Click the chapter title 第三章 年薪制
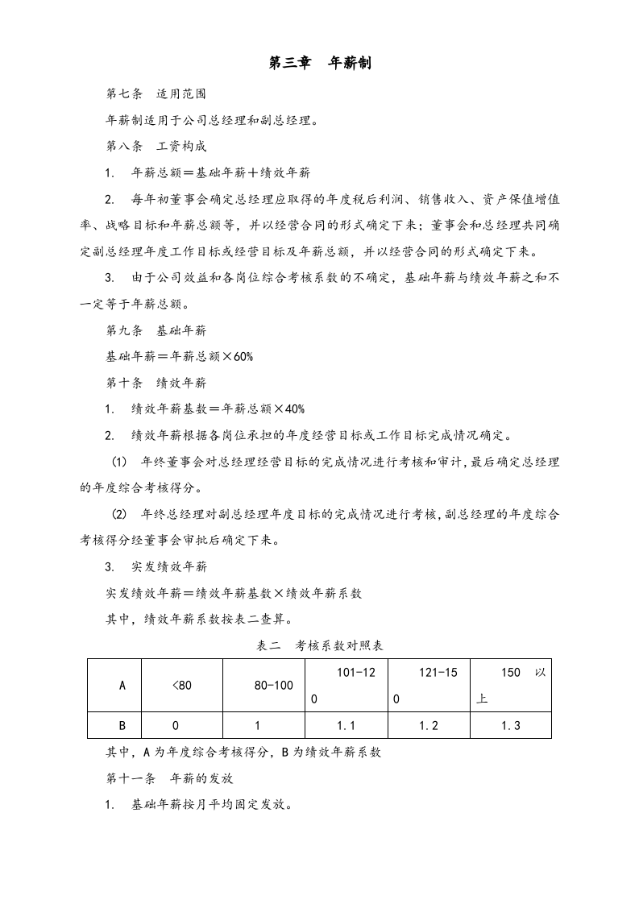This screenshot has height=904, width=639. point(319,63)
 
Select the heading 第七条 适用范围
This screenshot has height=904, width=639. point(150,93)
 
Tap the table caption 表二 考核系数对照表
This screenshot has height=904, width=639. point(319,646)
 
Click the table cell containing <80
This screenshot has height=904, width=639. point(182,686)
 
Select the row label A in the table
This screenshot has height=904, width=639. point(122,686)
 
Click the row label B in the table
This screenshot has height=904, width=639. point(122,726)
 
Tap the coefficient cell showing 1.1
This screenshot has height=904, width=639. point(346,726)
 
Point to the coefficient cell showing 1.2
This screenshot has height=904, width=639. point(429,726)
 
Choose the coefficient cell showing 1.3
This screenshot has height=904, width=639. point(510,726)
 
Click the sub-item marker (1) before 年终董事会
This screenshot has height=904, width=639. point(119,462)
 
